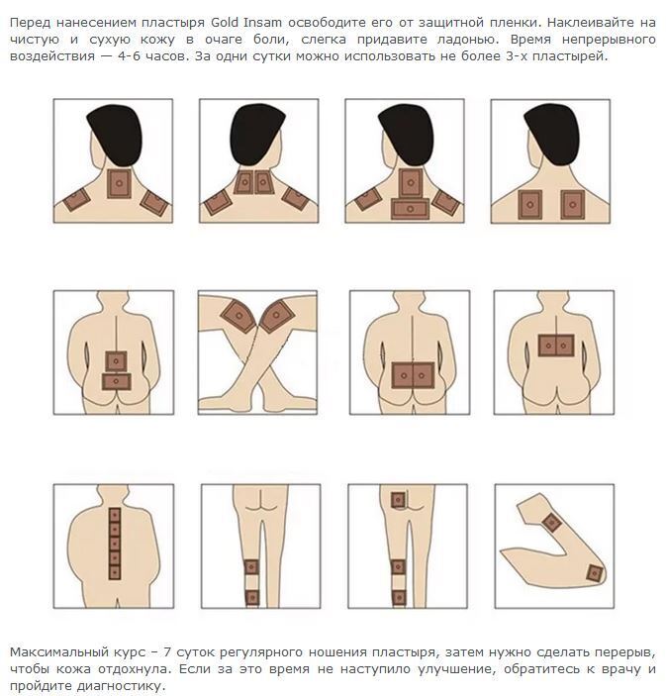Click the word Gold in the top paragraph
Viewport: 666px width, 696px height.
click(224, 22)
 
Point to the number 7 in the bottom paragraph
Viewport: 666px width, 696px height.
click(167, 652)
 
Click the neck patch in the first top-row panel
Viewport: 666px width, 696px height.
click(120, 183)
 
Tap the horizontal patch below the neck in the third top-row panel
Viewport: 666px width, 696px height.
click(410, 209)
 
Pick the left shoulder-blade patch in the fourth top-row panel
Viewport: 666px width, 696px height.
click(530, 205)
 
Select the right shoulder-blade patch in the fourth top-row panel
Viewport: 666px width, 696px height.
click(572, 205)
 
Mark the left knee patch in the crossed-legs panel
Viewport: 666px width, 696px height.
click(238, 316)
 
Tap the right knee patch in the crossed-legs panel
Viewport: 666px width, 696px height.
click(277, 316)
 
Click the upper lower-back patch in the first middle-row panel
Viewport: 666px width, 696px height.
click(116, 361)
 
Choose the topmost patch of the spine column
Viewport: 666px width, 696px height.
click(115, 516)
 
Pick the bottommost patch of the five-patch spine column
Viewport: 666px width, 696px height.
click(115, 572)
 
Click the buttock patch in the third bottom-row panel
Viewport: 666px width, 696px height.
click(398, 500)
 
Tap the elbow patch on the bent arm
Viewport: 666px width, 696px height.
click(594, 573)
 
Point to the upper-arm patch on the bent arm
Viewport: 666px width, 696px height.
click(551, 523)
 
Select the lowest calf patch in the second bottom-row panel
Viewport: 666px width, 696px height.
click(252, 597)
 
